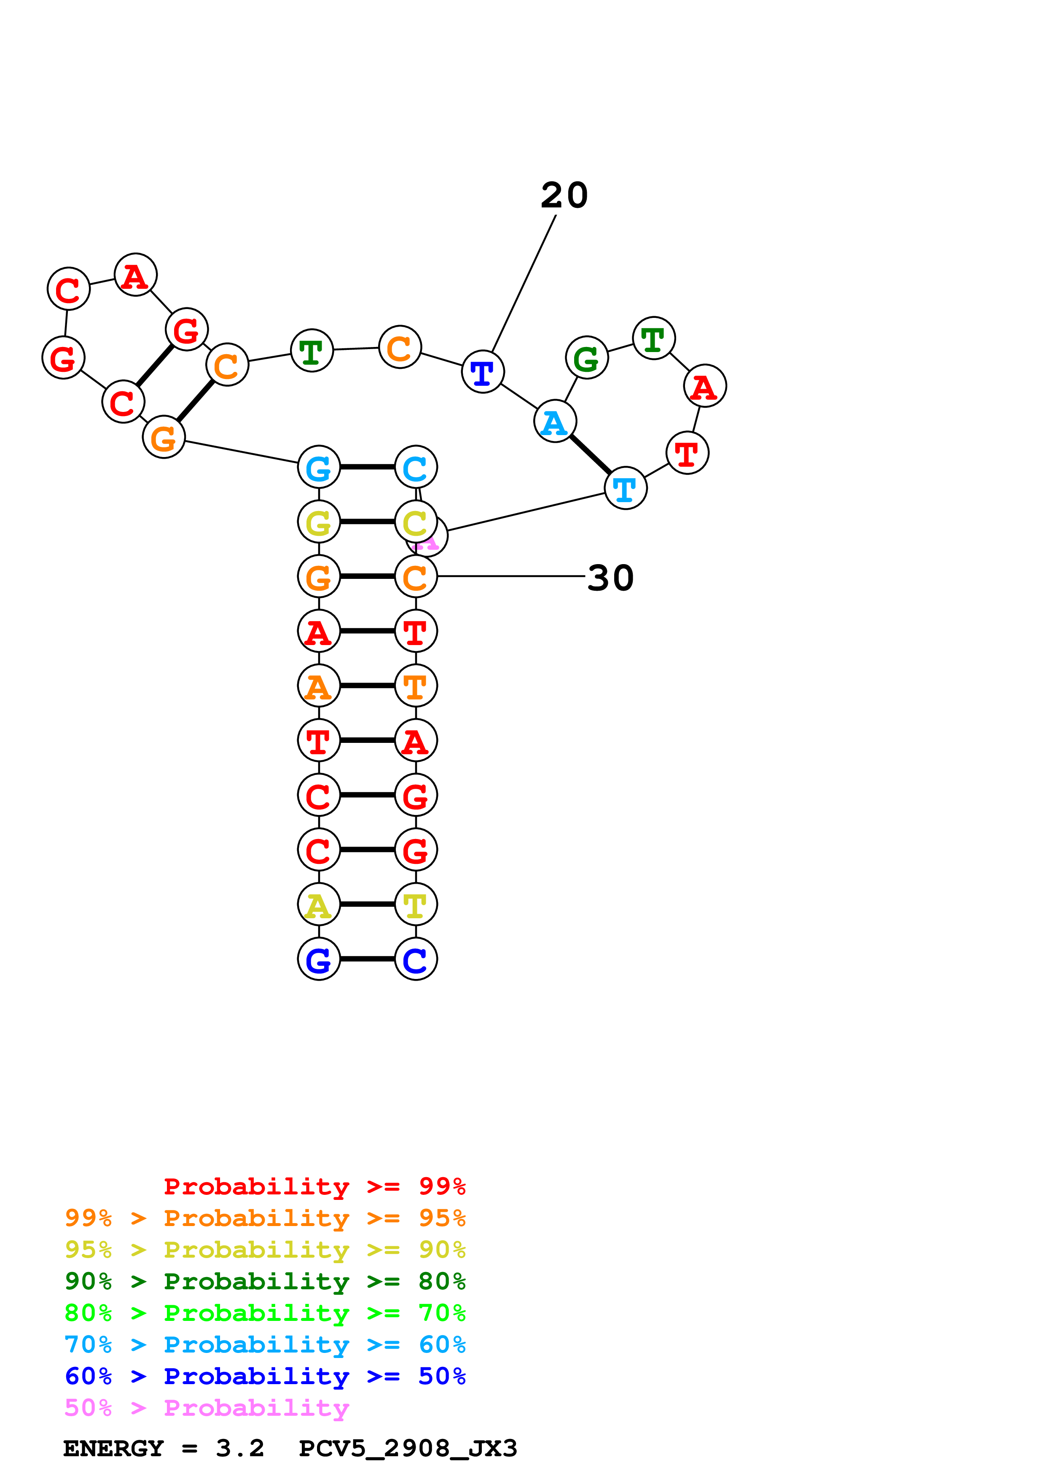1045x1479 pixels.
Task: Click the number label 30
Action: pyautogui.click(x=610, y=578)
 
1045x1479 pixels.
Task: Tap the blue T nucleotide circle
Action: pyautogui.click(x=482, y=372)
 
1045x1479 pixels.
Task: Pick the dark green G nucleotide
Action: pyautogui.click(x=586, y=358)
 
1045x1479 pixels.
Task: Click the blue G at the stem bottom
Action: pyautogui.click(x=319, y=959)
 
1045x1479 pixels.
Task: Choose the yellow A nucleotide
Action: pyautogui.click(x=319, y=904)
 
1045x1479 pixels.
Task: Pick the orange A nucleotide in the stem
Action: pyautogui.click(x=319, y=686)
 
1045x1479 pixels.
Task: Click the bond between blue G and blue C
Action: pyautogui.click(x=367, y=959)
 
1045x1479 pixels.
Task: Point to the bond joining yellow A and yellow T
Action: pyautogui.click(x=367, y=904)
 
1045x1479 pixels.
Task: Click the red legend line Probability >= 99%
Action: pyautogui.click(x=314, y=1186)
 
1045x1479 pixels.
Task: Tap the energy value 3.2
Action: pyautogui.click(x=239, y=1449)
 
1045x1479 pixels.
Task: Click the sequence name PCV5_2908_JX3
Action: pyautogui.click(x=408, y=1449)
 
